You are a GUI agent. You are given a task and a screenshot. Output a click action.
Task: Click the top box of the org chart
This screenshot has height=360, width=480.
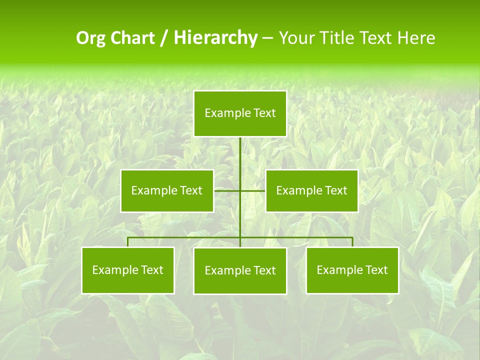[x=240, y=113]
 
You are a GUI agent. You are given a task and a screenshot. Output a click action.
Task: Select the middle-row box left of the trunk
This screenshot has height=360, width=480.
[x=167, y=190]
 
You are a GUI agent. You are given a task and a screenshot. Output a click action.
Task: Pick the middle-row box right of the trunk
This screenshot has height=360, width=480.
[x=311, y=190]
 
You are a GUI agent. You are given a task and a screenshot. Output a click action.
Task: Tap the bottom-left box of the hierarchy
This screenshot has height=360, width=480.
[x=128, y=270]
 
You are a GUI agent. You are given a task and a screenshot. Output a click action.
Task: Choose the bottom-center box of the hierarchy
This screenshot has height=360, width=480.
[x=240, y=270]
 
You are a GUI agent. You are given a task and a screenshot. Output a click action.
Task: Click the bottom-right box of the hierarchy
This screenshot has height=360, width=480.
[x=352, y=270]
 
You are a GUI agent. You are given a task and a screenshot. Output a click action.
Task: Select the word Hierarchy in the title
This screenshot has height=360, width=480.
[x=215, y=38]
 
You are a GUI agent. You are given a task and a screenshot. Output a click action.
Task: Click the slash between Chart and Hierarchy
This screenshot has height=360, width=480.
[x=164, y=38]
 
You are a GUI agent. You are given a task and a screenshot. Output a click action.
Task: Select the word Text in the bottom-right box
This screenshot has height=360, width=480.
[x=376, y=270]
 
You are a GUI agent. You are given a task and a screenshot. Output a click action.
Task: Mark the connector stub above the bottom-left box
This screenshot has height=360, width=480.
[x=128, y=242]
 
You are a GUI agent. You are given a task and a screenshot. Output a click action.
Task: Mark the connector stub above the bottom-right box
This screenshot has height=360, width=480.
[x=352, y=242]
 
